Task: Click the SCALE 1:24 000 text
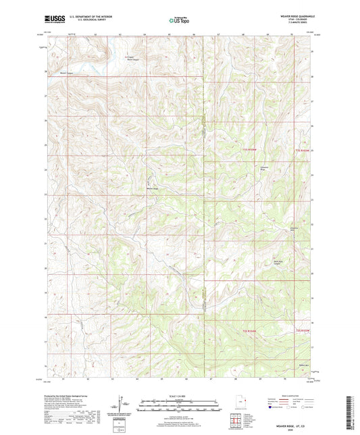(x=179, y=396)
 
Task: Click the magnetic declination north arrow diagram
(x=124, y=406)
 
